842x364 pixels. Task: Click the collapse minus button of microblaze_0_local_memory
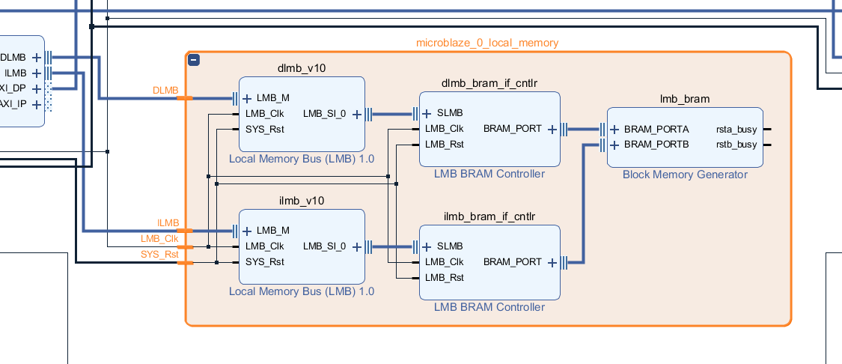coord(194,60)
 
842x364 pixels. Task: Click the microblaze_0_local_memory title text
coord(487,43)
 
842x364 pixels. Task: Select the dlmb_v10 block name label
coord(302,68)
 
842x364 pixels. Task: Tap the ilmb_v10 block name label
coord(302,201)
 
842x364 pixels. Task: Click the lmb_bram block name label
coord(684,98)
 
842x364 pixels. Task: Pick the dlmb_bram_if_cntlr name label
coord(489,82)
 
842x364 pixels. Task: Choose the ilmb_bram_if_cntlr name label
coord(489,216)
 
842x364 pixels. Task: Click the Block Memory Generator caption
coord(684,175)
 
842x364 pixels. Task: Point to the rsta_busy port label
coord(736,129)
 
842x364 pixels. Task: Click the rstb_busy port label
coord(736,145)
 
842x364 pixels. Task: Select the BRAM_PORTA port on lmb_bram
coord(656,129)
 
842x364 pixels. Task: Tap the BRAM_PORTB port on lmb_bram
coord(656,145)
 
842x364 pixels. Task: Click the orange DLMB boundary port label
coord(165,91)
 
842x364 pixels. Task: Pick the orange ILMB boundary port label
coord(168,223)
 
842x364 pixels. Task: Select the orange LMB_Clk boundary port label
coord(159,239)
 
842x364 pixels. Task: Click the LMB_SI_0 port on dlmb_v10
coord(325,114)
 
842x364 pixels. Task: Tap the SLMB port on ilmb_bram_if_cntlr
coord(450,246)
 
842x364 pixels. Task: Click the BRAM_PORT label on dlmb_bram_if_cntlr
coord(512,129)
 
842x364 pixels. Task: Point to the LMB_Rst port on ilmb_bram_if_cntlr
coord(444,277)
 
